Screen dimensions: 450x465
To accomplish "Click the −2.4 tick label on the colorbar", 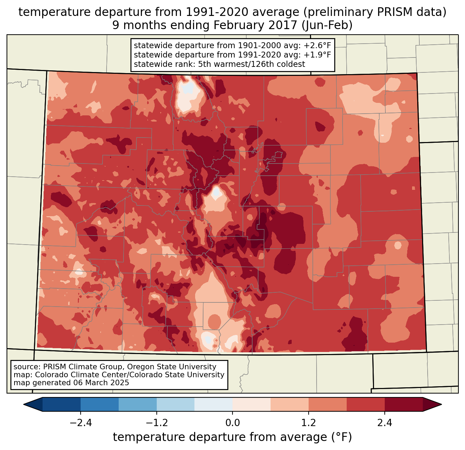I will [80, 423].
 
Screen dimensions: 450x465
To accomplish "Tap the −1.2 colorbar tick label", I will [156, 423].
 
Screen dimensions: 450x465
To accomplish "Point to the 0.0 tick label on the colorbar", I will [232, 423].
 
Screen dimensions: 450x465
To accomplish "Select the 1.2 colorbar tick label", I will [309, 423].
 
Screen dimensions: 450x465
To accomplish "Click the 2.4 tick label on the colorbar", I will [385, 423].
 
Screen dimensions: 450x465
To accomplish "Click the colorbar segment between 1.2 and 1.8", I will [328, 404].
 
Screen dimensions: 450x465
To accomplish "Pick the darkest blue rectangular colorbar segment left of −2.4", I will [62, 404].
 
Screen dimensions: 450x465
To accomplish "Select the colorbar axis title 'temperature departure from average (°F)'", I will [232, 437].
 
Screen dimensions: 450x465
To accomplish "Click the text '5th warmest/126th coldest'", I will [252, 64].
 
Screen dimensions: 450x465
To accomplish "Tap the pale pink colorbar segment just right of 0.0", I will [252, 404].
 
